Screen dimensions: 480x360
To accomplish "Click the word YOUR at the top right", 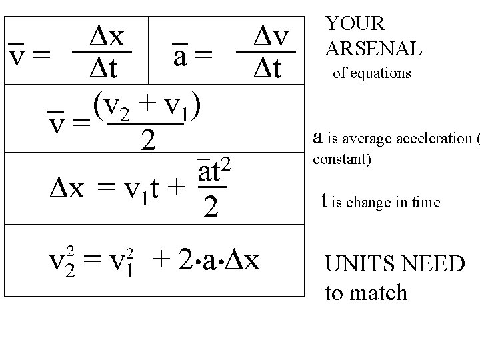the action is point(355,23).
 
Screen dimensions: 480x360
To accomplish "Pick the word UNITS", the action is point(357,264).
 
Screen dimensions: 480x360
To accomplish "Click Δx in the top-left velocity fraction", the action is point(107,37).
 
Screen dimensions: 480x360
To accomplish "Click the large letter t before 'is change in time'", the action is point(324,200).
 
